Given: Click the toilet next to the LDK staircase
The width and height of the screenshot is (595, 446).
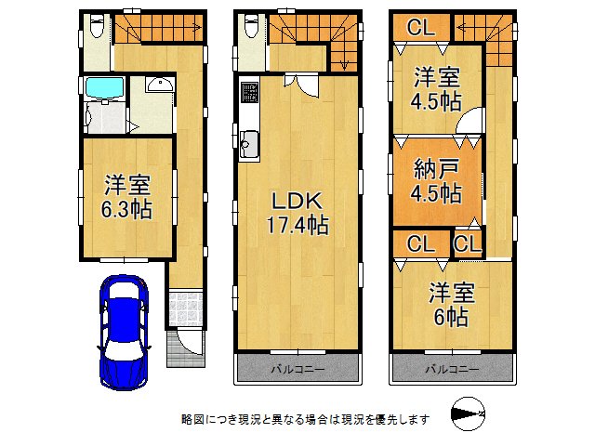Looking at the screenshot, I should [x=249, y=29].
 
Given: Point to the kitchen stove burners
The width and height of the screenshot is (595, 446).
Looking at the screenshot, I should [x=249, y=94].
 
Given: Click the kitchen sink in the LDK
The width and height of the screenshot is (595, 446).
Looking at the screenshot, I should [x=250, y=144].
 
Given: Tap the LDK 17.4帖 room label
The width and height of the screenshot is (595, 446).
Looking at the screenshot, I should [x=296, y=213].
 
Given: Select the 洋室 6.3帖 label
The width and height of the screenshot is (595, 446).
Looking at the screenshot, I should [x=126, y=195].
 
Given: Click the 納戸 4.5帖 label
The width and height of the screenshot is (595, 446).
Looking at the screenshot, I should [x=436, y=183].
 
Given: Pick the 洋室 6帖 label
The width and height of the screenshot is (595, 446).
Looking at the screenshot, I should [x=451, y=305].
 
